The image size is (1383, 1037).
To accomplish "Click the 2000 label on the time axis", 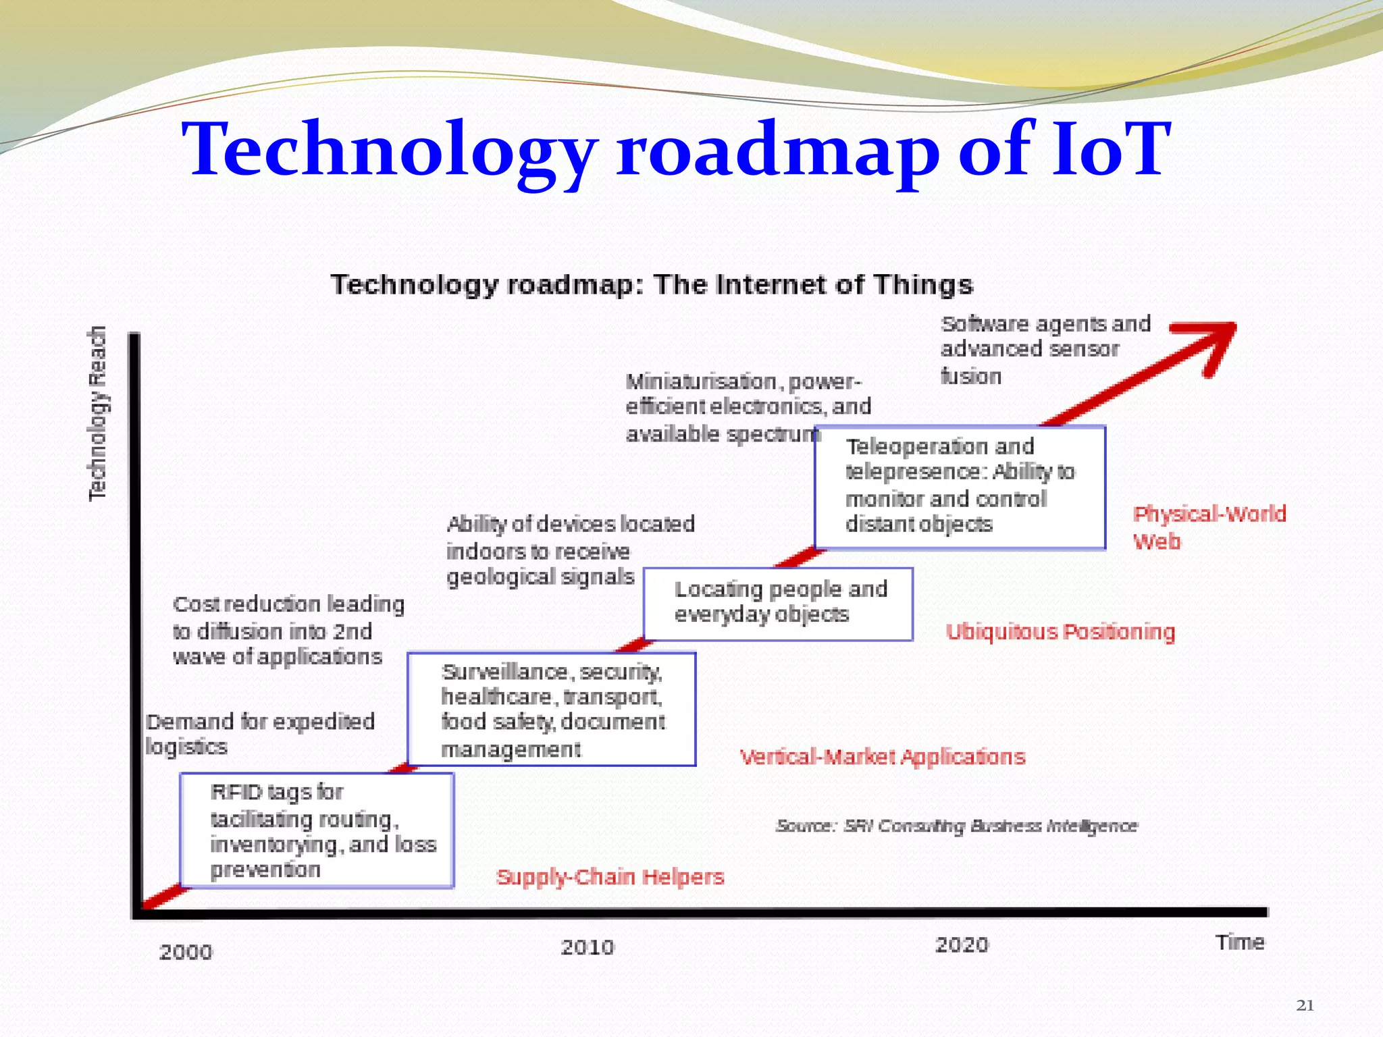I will (x=186, y=952).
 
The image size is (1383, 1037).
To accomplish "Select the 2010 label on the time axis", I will (x=588, y=947).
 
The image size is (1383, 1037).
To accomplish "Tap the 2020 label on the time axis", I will (x=962, y=945).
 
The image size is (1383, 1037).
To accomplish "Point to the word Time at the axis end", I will (x=1240, y=942).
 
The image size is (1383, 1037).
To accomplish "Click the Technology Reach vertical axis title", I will (x=99, y=413).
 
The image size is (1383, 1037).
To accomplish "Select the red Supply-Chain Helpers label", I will (x=610, y=877).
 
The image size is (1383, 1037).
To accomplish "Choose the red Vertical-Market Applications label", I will (x=883, y=757).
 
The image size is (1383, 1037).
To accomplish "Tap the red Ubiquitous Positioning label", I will (x=1060, y=632).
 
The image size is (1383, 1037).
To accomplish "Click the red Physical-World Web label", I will (x=1209, y=527).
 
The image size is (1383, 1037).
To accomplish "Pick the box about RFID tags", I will (x=317, y=830).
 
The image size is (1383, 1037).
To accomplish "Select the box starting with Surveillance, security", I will (x=552, y=709).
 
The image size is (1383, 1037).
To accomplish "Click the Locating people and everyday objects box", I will (x=778, y=604).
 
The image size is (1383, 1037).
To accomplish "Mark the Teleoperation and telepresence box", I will (x=960, y=487).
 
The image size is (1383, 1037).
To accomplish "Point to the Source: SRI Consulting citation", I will (x=956, y=826).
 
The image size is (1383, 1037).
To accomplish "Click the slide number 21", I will (x=1305, y=1005).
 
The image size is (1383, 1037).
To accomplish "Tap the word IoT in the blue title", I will (x=1111, y=150).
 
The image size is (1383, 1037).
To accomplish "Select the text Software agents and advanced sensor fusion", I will (x=1045, y=350).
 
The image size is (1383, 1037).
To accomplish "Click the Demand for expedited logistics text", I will (x=260, y=734).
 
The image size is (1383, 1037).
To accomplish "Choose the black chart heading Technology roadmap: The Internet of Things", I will (x=652, y=285).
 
